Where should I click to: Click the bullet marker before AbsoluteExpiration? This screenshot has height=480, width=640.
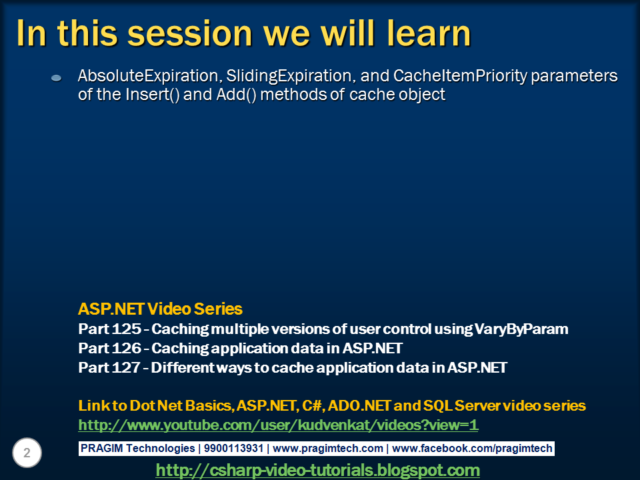(57, 78)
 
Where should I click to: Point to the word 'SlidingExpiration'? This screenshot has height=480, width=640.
(287, 77)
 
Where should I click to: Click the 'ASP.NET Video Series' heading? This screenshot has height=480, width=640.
(160, 309)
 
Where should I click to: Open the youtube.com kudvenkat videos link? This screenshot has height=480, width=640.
(278, 425)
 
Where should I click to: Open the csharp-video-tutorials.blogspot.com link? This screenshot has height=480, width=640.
(317, 470)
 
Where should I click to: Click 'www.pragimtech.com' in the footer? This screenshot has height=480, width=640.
(328, 449)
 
